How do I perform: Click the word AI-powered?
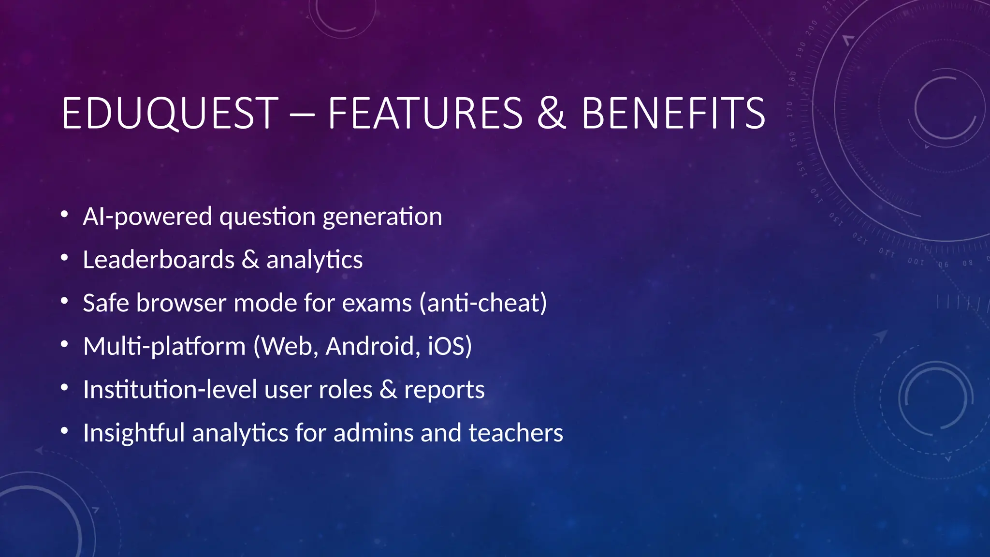(x=147, y=216)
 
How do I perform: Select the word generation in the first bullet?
(x=382, y=217)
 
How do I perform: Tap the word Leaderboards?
(x=159, y=260)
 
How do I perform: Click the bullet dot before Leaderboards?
(x=64, y=258)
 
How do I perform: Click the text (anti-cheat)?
(x=483, y=303)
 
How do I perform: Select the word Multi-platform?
(x=164, y=347)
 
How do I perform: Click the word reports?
(x=444, y=391)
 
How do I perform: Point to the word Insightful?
(x=133, y=433)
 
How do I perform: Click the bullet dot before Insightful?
(x=64, y=431)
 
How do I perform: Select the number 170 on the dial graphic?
(x=790, y=109)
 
